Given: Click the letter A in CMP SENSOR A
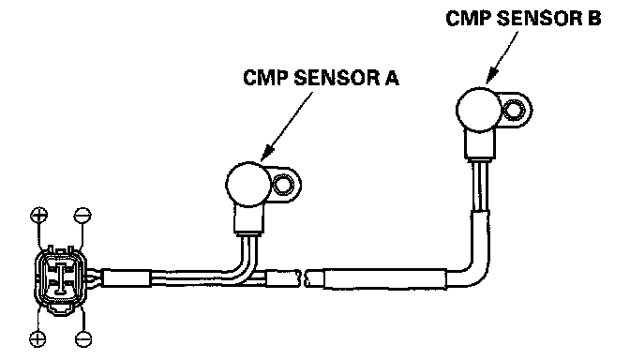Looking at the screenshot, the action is tap(392, 78).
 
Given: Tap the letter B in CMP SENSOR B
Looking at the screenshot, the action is tap(593, 19).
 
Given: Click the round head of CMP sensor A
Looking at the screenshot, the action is tap(248, 185).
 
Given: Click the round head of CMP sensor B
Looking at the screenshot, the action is tap(479, 110).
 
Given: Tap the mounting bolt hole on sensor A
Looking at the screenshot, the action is tap(284, 186).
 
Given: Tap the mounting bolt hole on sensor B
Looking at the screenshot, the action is tap(515, 110).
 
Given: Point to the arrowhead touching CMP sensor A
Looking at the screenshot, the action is tap(267, 154).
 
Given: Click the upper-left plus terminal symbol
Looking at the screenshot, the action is tap(39, 216).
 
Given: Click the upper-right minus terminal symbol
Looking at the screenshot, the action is tap(82, 216).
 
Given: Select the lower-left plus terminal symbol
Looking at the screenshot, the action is tap(37, 339).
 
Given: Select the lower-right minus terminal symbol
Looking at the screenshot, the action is tap(83, 339).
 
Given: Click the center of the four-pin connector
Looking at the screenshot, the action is tap(60, 277).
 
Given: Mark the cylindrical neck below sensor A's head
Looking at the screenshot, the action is tap(249, 219).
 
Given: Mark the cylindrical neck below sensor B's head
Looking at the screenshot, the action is tap(480, 145).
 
